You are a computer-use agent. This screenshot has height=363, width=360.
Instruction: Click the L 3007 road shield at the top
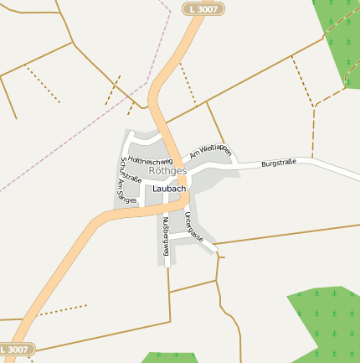(x=203, y=8)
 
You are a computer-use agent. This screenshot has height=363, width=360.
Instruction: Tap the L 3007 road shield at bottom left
(x=16, y=349)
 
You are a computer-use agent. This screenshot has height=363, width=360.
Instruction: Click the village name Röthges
(x=167, y=170)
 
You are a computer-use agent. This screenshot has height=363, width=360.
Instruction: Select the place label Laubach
(x=169, y=189)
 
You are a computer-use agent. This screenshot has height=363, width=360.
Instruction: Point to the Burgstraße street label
(x=279, y=163)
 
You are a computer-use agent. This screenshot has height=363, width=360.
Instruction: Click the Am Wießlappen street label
(x=210, y=150)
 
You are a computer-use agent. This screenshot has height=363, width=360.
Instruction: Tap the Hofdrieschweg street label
(x=151, y=158)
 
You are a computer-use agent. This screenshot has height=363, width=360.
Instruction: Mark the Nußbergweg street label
(x=166, y=236)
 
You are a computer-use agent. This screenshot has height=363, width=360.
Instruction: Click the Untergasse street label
(x=193, y=227)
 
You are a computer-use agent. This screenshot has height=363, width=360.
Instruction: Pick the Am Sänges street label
(x=128, y=192)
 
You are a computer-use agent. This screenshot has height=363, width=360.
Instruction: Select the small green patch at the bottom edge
(x=167, y=358)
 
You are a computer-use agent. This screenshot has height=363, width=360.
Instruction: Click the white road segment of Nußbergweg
(x=167, y=252)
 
